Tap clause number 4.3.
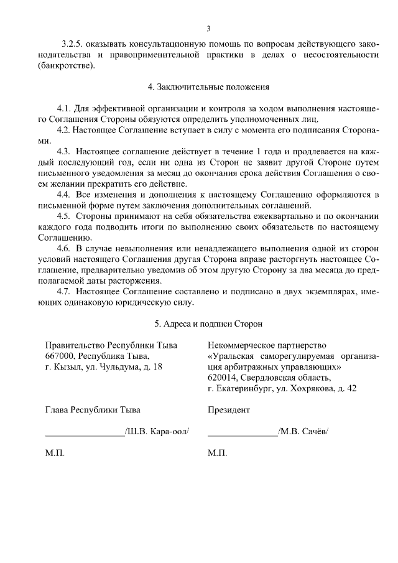[64, 152]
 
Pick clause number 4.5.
[64, 216]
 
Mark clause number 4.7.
[64, 292]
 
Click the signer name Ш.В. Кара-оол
[157, 431]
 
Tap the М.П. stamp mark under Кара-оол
[55, 453]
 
